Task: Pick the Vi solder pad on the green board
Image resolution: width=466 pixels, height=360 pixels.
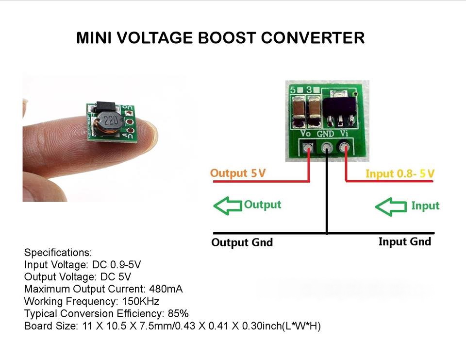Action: point(345,146)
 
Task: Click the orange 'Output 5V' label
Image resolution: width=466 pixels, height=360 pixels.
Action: point(238,173)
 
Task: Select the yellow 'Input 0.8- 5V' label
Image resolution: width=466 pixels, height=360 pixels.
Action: point(399,173)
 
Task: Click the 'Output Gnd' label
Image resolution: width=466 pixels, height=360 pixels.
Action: point(242,242)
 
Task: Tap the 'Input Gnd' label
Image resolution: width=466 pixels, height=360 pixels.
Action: point(404,241)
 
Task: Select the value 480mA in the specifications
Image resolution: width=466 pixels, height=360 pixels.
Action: point(166,289)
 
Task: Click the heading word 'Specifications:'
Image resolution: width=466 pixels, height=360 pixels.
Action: point(58,253)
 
